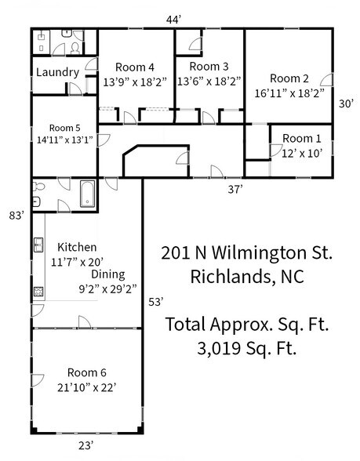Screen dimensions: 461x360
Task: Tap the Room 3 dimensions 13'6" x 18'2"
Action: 209,80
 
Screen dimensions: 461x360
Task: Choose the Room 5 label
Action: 66,127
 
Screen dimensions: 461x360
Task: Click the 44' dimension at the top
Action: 174,18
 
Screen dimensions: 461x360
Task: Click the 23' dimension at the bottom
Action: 86,446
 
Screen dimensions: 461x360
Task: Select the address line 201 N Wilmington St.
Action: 247,253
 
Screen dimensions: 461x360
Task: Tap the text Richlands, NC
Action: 247,277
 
